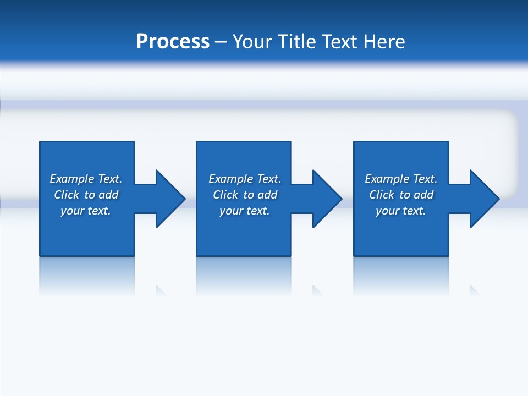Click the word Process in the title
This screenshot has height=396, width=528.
(x=173, y=42)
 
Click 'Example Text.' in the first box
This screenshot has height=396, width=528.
(x=86, y=179)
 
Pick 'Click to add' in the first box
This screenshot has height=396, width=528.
(x=86, y=195)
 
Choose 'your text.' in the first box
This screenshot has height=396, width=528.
(x=86, y=211)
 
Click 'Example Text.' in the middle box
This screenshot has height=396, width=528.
(x=245, y=179)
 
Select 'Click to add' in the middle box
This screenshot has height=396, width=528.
(x=245, y=195)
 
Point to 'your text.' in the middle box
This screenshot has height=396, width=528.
(x=245, y=211)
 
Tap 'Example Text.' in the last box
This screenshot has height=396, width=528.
(x=401, y=179)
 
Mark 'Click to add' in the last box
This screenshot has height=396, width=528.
(x=401, y=195)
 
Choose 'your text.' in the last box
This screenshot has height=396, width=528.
(x=401, y=211)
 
